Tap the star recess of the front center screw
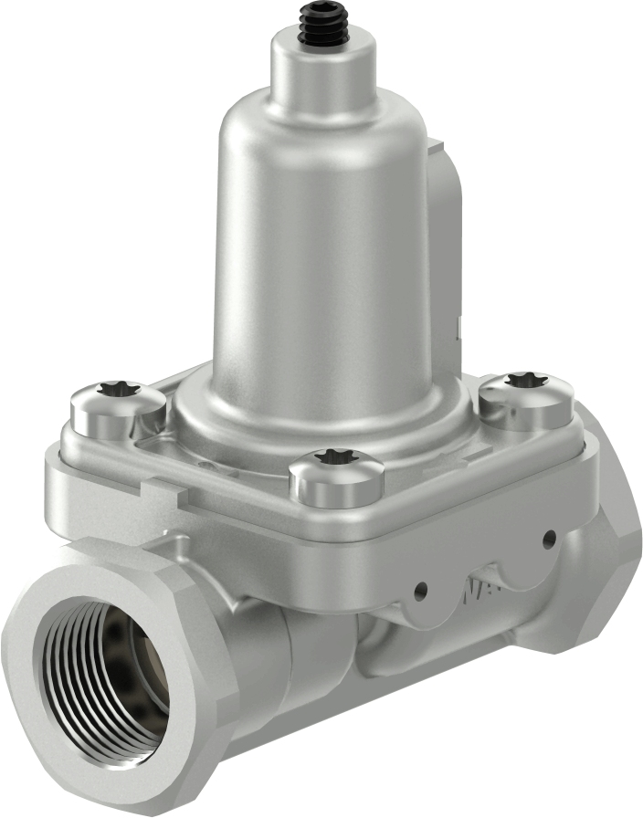[335, 456]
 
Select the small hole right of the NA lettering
[549, 539]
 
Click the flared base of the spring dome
[320, 411]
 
